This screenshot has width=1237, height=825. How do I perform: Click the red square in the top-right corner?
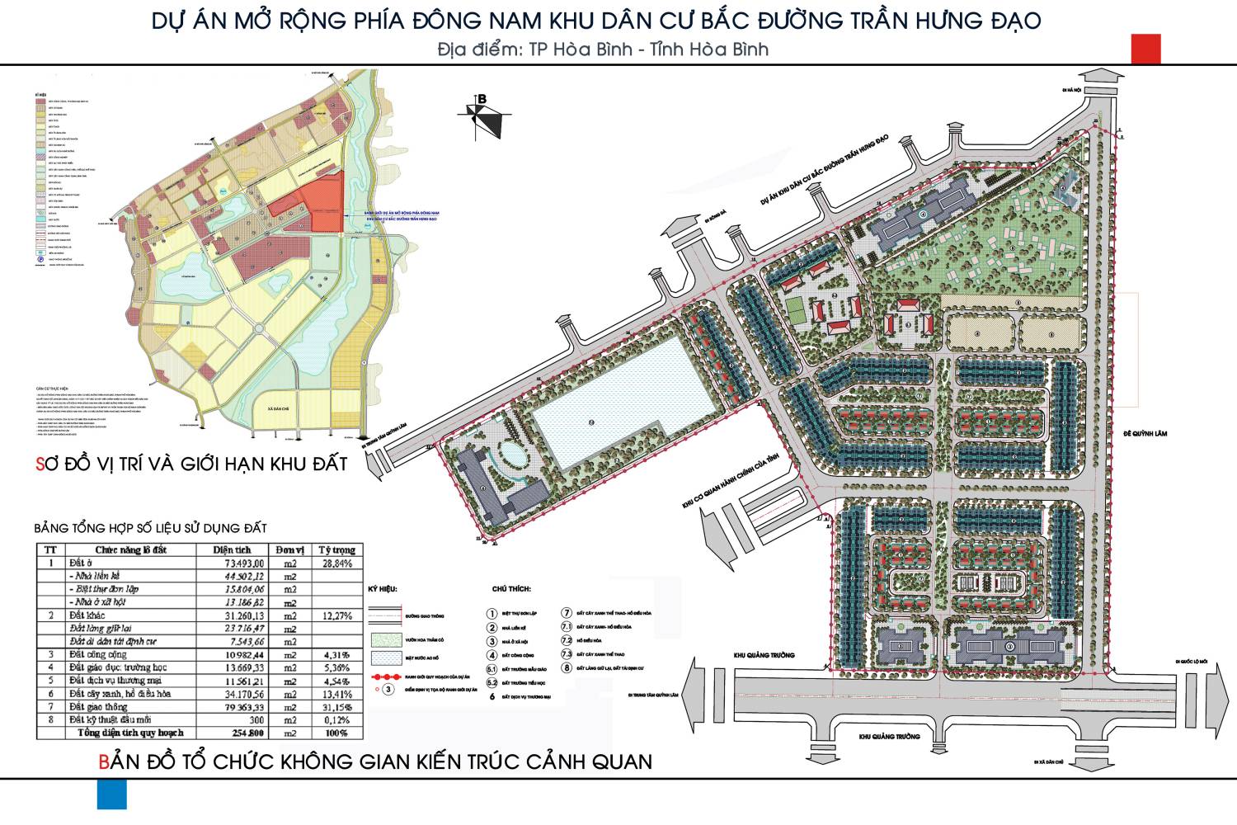(x=1146, y=49)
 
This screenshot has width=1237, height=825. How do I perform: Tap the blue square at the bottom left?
(x=112, y=794)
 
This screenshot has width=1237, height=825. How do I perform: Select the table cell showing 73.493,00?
(x=238, y=563)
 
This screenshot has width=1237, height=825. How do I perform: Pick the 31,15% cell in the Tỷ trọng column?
(x=336, y=707)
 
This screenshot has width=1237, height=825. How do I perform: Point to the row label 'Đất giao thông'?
(x=98, y=707)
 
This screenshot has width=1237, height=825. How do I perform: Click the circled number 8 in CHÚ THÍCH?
(x=566, y=667)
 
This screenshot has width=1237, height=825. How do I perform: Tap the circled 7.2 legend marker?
(x=566, y=640)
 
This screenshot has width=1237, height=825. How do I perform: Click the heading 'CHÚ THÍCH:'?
(x=511, y=589)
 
